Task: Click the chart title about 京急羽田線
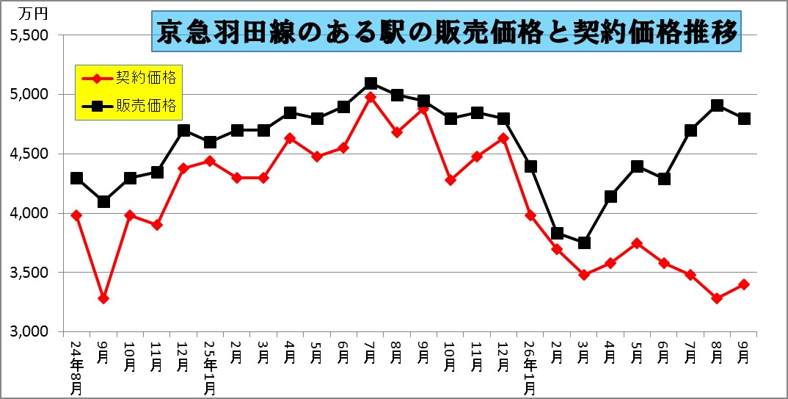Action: (x=446, y=32)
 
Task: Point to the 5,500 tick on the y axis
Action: (x=29, y=35)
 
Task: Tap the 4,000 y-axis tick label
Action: (x=29, y=213)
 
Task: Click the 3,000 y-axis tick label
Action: (x=29, y=332)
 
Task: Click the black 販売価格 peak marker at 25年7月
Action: (x=371, y=83)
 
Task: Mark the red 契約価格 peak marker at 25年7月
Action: (x=371, y=97)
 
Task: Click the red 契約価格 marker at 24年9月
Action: (x=103, y=298)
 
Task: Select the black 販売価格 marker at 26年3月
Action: (x=584, y=242)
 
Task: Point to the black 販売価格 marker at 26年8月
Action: (x=718, y=105)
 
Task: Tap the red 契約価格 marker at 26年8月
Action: (x=718, y=298)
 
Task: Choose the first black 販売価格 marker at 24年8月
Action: (x=76, y=178)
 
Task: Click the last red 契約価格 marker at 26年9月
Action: (x=744, y=284)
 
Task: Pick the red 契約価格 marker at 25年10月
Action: (x=450, y=180)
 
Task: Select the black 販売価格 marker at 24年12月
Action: (x=183, y=130)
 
